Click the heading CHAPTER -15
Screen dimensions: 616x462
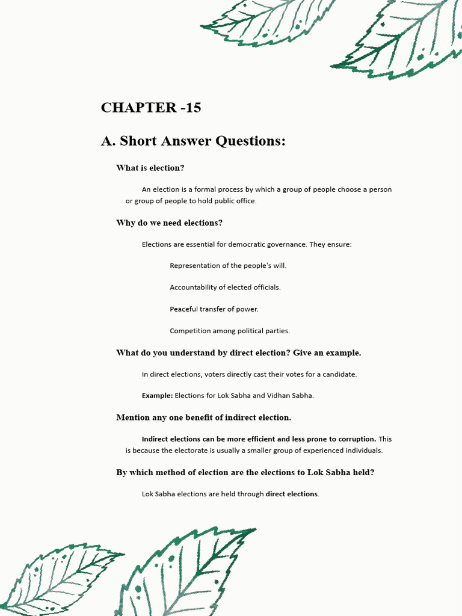point(151,108)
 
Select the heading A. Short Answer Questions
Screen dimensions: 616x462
point(193,141)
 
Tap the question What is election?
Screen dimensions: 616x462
point(150,168)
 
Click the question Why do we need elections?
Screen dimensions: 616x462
point(169,223)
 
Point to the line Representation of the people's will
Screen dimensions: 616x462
point(228,266)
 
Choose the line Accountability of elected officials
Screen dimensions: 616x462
point(225,288)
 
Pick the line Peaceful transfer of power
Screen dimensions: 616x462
point(214,309)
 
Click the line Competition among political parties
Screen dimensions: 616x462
point(230,331)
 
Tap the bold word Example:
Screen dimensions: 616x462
point(157,396)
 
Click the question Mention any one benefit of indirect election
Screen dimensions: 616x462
point(203,417)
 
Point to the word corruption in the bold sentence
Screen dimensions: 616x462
point(357,439)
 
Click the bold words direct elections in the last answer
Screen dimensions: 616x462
point(292,494)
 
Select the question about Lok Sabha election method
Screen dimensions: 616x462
point(245,473)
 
